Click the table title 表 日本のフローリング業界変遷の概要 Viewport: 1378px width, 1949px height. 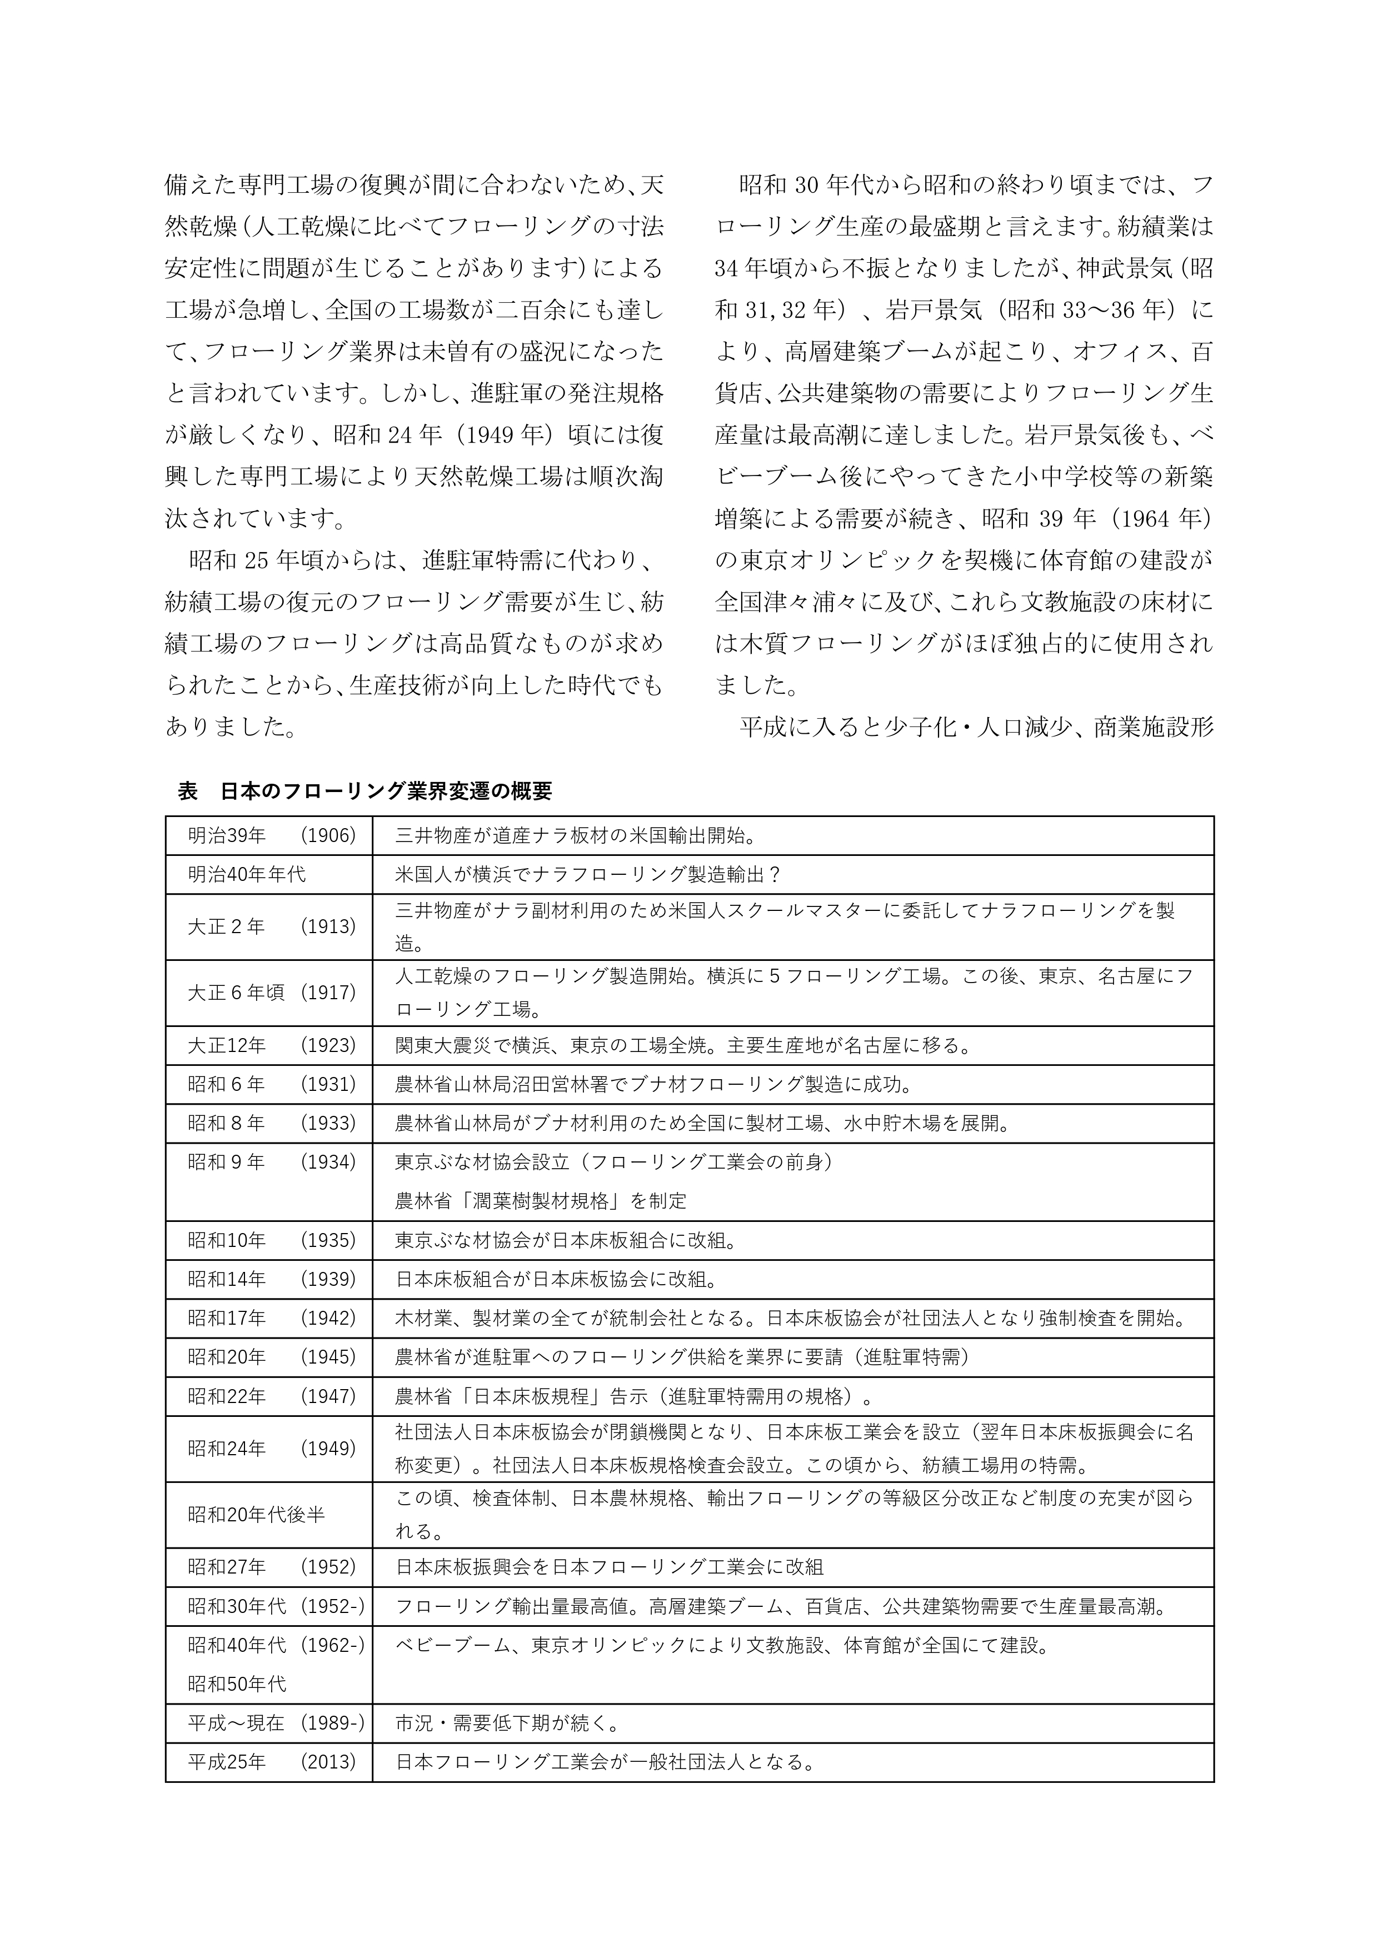click(x=365, y=791)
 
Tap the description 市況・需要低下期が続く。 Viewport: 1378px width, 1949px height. click(x=507, y=1723)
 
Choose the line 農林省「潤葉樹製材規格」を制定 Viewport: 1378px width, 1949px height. click(x=541, y=1201)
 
